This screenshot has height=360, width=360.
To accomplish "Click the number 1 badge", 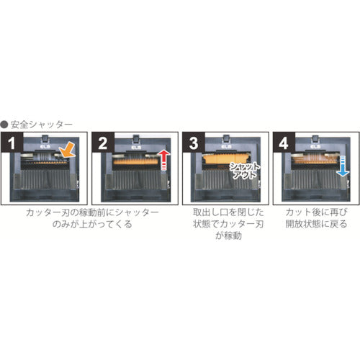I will pos(12,143).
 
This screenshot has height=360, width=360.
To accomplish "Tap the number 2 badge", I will pos(102,143).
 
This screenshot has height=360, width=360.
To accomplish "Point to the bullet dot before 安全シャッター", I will pos(6,124).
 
